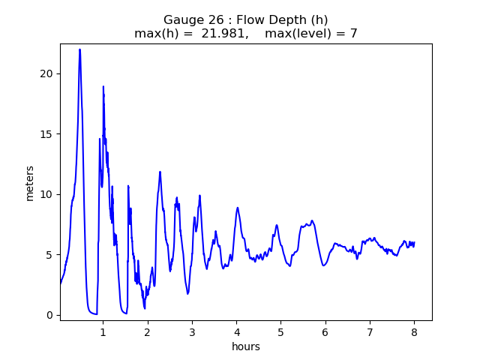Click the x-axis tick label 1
click(x=103, y=331)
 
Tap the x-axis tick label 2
click(x=148, y=331)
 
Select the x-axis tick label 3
click(x=192, y=331)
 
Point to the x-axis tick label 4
click(x=236, y=331)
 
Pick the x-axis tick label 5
click(x=280, y=331)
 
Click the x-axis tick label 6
click(x=325, y=331)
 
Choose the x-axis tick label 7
click(x=370, y=331)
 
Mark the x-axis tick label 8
click(x=414, y=331)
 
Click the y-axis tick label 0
click(x=51, y=315)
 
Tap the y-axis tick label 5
click(x=51, y=255)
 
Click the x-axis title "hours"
click(x=246, y=346)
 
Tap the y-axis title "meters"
click(x=30, y=182)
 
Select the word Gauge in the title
click(x=182, y=20)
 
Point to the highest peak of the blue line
click(x=79, y=49)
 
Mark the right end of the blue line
click(x=415, y=242)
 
